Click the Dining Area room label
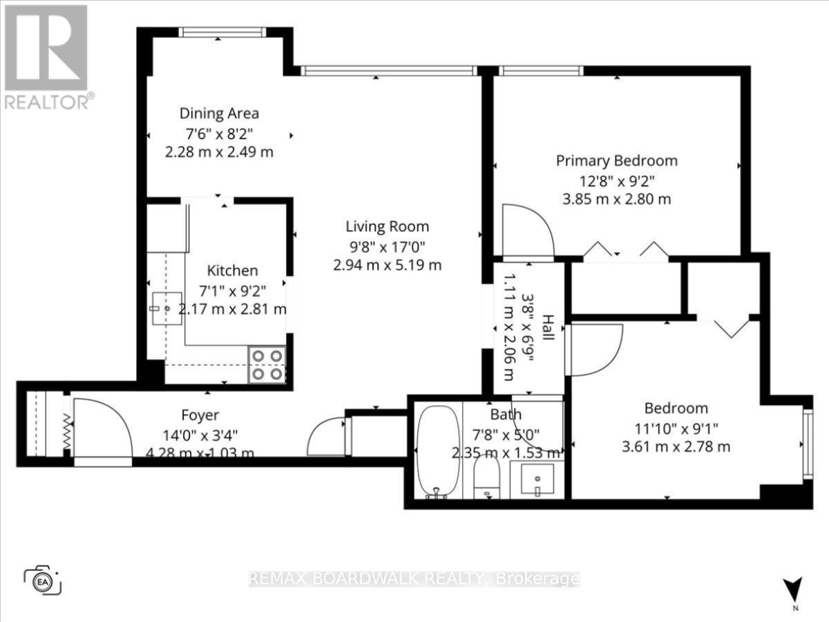coord(219,113)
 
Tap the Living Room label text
coord(387,226)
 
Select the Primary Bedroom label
coord(617,161)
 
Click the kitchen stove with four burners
coord(267,364)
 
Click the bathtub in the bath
coord(438,451)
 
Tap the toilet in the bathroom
coord(487,478)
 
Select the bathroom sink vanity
coord(537,479)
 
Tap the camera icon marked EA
coord(43,579)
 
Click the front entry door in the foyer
coord(102,428)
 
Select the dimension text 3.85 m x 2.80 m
coord(617,200)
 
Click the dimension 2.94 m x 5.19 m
coord(387,265)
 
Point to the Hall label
coord(548,328)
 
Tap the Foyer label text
coord(200,415)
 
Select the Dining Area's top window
coord(222,32)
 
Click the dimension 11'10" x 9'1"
coord(676,427)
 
